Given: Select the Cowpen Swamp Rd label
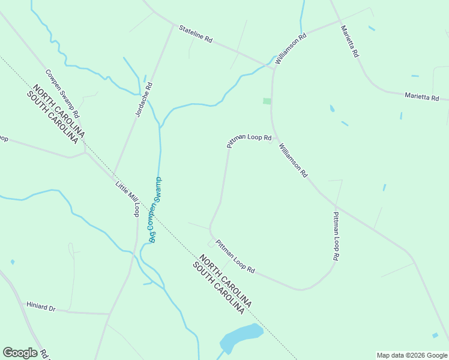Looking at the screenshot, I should [62, 94].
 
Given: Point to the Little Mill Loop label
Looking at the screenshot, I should [127, 197].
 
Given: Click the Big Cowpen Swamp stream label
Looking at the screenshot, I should [155, 209].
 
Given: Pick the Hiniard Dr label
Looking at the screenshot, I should [41, 307].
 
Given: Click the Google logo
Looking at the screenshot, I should [19, 353].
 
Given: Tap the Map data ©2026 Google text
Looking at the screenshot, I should [411, 355].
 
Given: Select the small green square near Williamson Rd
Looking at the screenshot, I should [267, 101].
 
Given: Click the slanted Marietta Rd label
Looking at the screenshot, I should [349, 41].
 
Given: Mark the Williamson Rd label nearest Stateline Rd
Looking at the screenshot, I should [291, 49].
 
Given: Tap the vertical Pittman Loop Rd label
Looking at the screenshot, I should [336, 236].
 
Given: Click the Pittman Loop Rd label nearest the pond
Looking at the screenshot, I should [235, 257].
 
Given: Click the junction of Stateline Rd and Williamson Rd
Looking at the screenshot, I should [273, 67].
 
